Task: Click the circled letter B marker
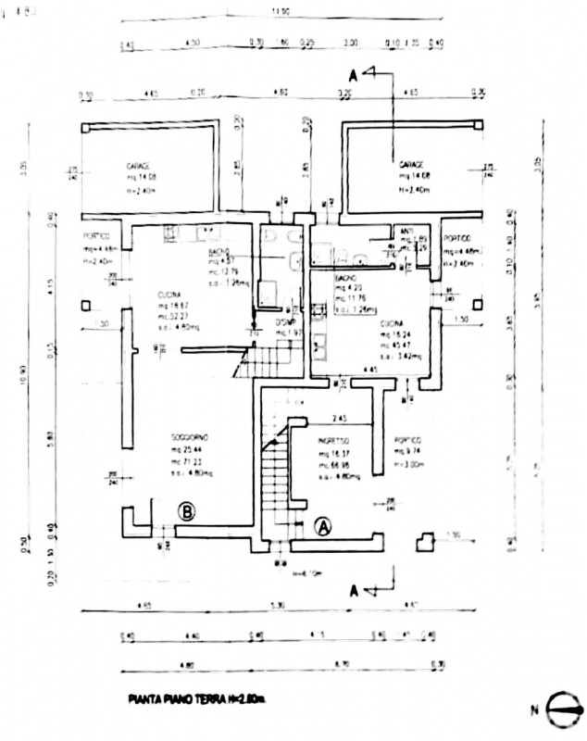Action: coord(185,509)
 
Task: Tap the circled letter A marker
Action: coord(323,525)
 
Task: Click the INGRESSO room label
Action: coord(333,441)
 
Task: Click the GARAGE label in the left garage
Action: coord(139,166)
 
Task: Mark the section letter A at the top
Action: coord(352,74)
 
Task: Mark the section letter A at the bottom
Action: coord(355,590)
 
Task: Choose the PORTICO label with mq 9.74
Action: coord(410,440)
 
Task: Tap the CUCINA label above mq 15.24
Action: coord(393,323)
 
